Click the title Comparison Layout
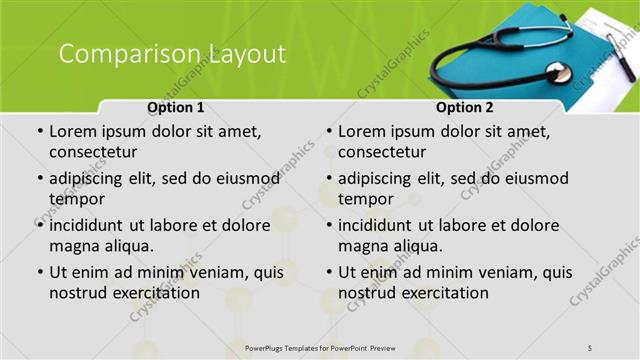[x=172, y=54]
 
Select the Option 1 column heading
[x=176, y=107]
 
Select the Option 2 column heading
[x=465, y=107]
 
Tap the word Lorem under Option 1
[x=74, y=131]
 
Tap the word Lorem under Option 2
[x=363, y=131]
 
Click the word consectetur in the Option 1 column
[x=93, y=152]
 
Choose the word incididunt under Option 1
[x=90, y=225]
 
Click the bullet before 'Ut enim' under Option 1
[x=40, y=272]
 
